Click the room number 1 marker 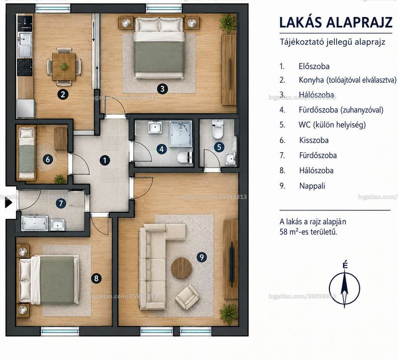click(104, 160)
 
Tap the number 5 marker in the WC click(219, 147)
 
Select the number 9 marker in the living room click(202, 257)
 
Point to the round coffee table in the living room click(181, 268)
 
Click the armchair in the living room click(187, 297)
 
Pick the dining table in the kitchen click(64, 67)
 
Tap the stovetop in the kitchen click(24, 67)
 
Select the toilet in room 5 click(218, 129)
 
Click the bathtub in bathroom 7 click(34, 223)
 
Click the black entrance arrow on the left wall click(8, 203)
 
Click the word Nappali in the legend click(312, 186)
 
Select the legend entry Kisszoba click(314, 140)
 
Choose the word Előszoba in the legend click(314, 67)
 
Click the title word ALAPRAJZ click(359, 22)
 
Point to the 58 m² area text click(308, 232)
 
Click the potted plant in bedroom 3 click(228, 23)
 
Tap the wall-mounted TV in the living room click(231, 265)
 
